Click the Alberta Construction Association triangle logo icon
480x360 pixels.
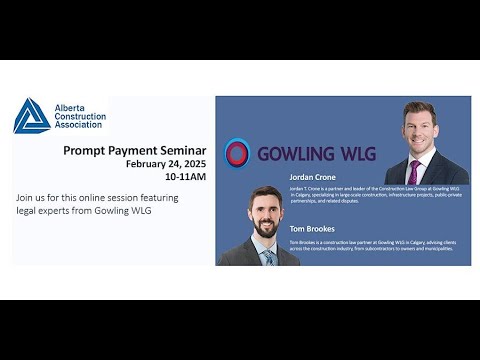tap(31, 116)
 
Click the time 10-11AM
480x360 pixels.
tap(185, 176)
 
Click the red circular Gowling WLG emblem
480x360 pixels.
tap(237, 153)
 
